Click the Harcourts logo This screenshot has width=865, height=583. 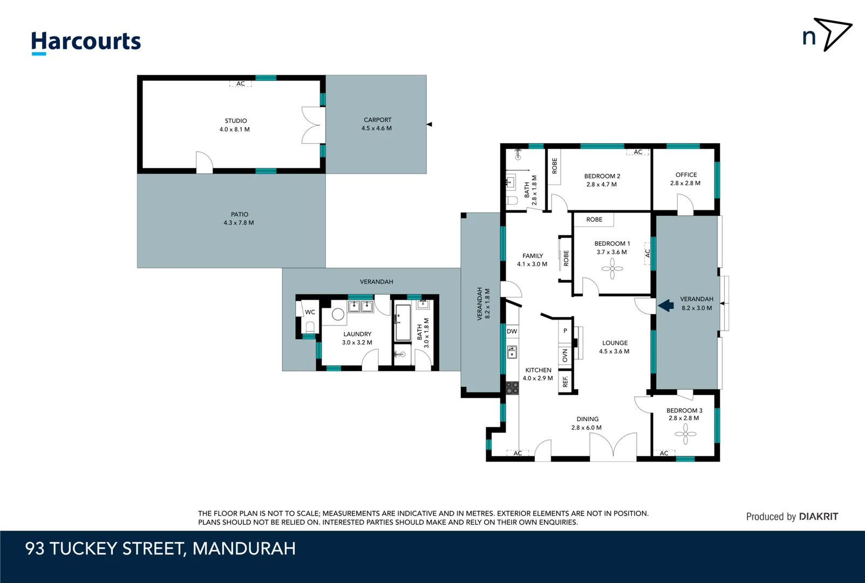[x=86, y=42]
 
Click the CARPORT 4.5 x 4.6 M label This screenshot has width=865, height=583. [x=377, y=124]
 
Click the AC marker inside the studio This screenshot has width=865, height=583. [x=241, y=84]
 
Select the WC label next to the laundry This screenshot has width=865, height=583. [x=310, y=312]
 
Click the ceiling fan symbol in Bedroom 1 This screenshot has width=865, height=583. [x=612, y=268]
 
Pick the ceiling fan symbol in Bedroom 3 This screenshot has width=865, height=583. [x=685, y=433]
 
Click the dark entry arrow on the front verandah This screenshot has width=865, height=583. [x=666, y=306]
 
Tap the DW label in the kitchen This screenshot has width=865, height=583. [x=512, y=331]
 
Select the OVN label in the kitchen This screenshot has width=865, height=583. [x=565, y=355]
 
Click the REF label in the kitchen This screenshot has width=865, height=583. [x=565, y=381]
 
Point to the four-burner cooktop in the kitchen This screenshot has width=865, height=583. [x=512, y=388]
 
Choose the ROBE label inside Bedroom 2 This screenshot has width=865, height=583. [x=554, y=166]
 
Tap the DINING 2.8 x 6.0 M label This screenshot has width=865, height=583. [x=587, y=423]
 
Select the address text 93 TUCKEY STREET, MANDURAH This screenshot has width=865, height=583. [x=160, y=548]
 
